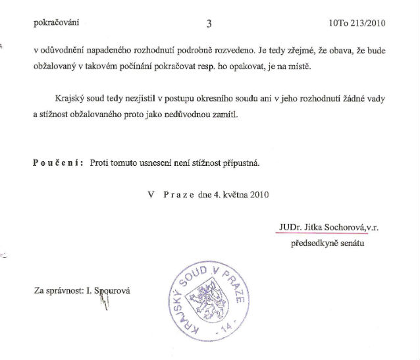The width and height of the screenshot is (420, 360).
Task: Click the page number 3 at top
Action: (x=209, y=24)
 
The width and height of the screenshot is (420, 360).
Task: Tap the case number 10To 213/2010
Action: (x=356, y=24)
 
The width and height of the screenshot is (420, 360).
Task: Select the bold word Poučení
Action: (x=55, y=163)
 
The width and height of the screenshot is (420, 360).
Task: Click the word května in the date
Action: (x=228, y=194)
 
